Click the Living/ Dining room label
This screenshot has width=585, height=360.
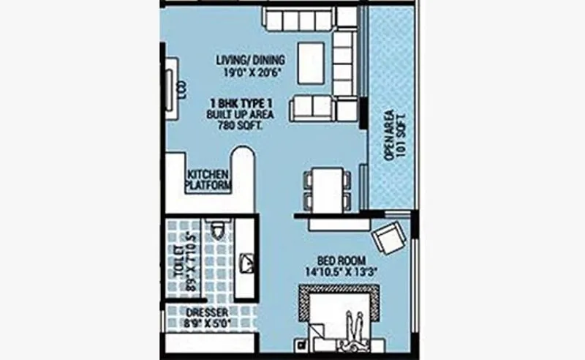point(250,60)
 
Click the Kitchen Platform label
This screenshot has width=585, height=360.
point(208,180)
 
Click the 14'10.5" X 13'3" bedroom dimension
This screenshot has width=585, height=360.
point(341,271)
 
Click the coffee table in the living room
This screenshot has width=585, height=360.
point(312,62)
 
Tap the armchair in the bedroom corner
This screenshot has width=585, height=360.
point(388,238)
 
